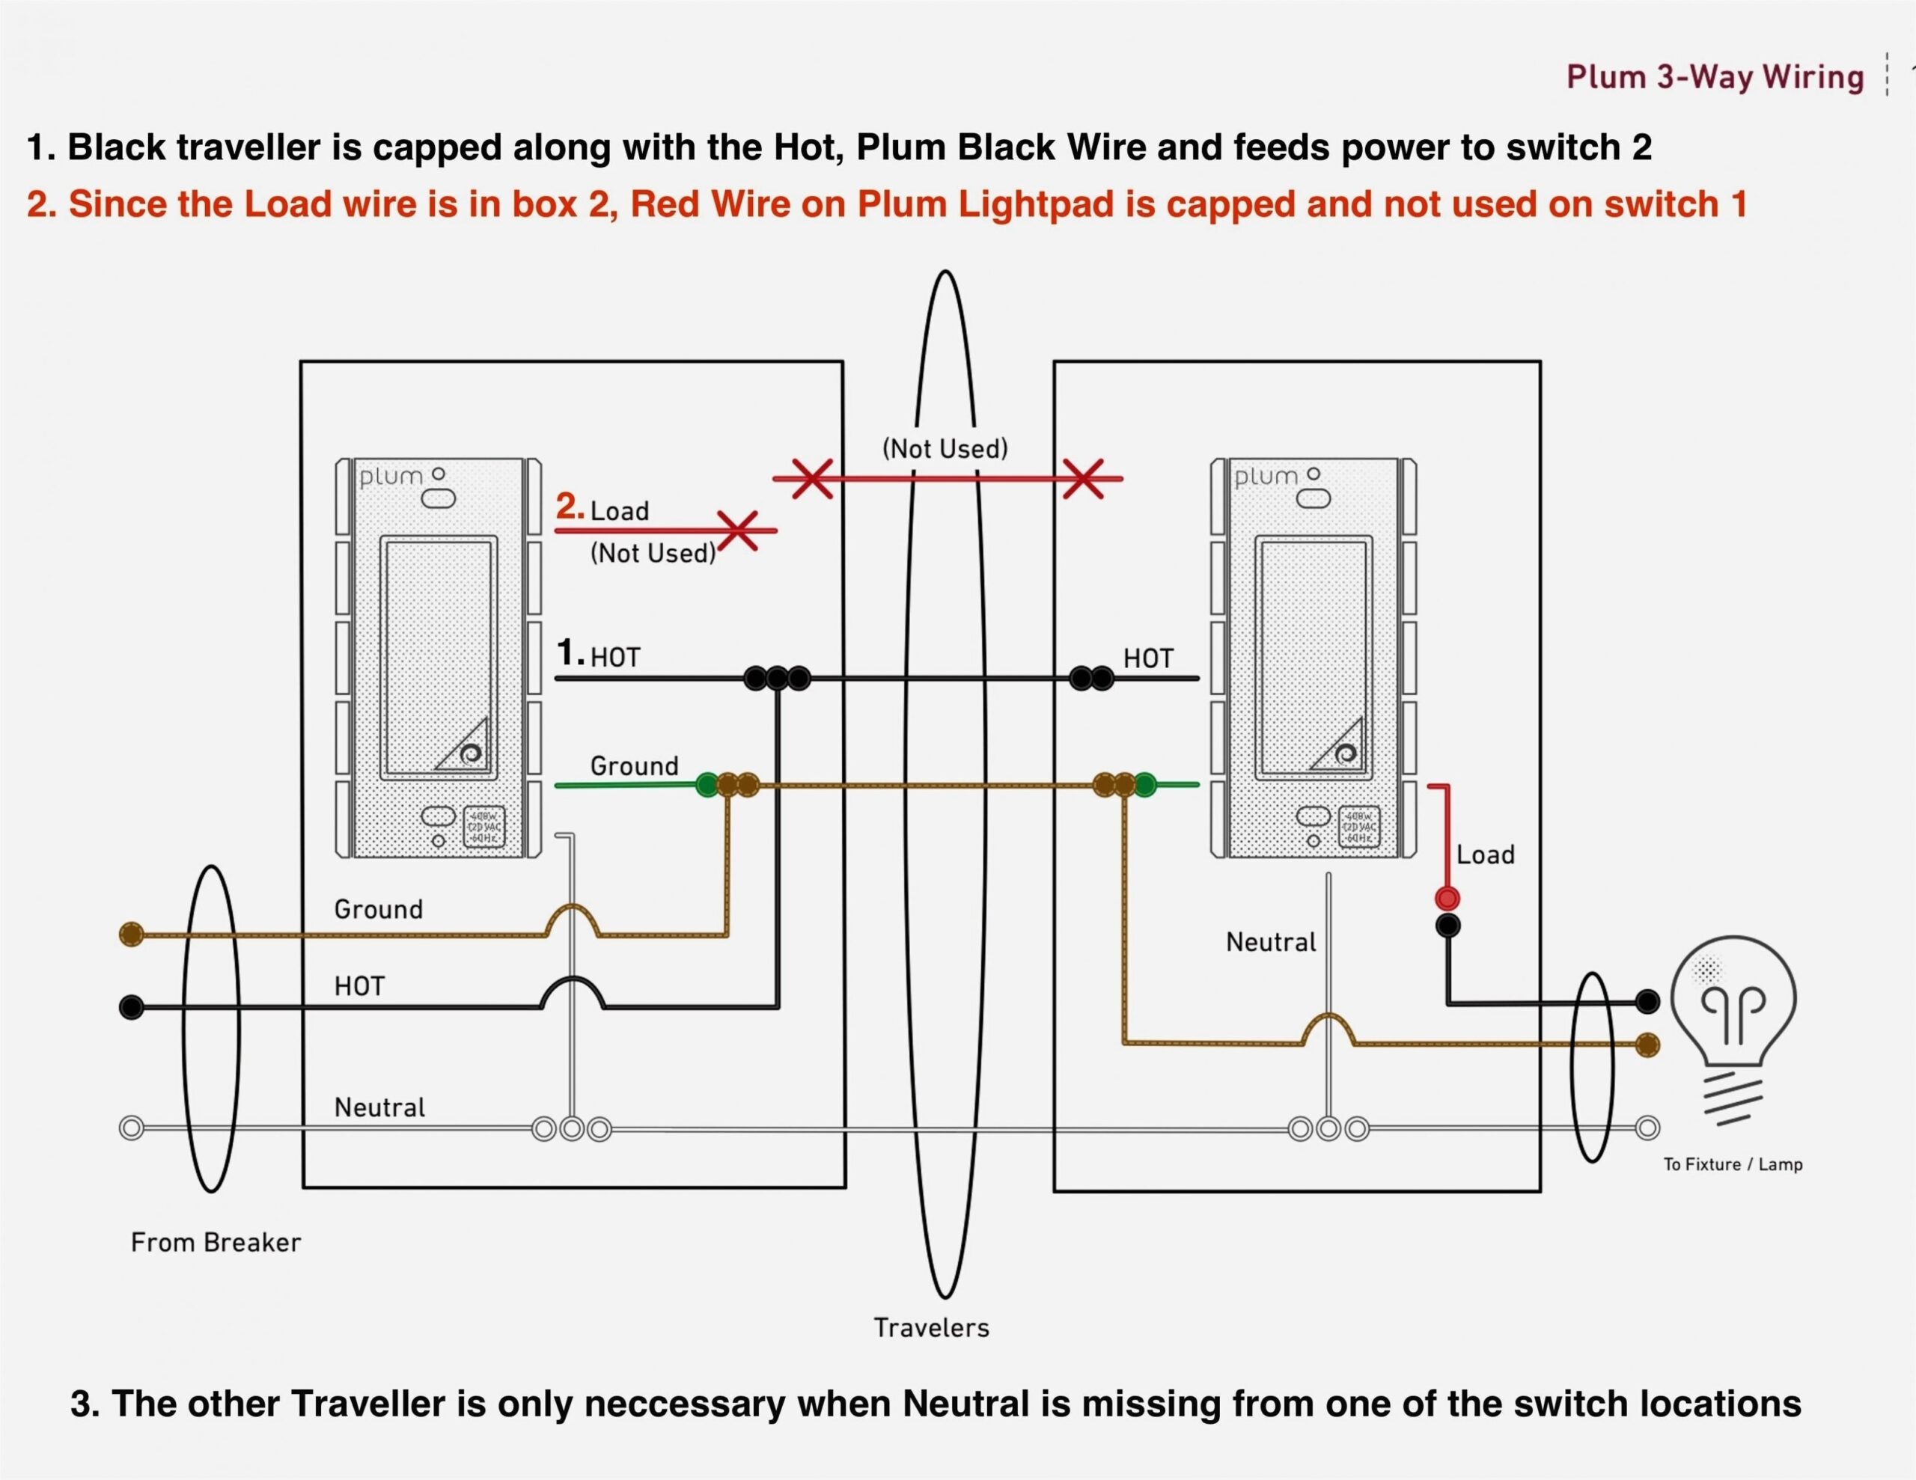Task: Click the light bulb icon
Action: (1733, 1018)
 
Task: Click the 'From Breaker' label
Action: (216, 1242)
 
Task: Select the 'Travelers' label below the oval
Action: (931, 1327)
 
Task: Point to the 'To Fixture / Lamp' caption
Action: (1732, 1164)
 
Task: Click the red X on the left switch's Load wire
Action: (739, 530)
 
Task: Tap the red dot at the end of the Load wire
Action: (1447, 899)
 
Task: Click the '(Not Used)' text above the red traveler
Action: (945, 449)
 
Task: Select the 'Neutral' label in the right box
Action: (1270, 942)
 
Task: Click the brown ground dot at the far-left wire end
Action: (131, 934)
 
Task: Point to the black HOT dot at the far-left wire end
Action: (131, 1007)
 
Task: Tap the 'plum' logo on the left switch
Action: (391, 477)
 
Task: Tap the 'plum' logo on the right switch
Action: (1265, 477)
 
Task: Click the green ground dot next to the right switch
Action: (1145, 784)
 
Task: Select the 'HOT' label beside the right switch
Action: (1147, 659)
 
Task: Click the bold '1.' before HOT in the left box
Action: (570, 652)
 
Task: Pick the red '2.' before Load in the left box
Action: (570, 507)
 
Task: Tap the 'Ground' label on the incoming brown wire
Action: (378, 909)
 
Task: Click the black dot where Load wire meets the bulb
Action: (1647, 1000)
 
